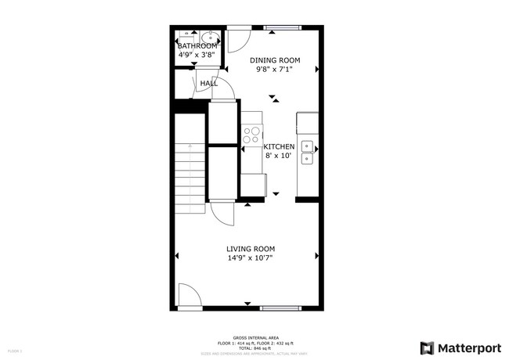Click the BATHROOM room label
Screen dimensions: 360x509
(197, 46)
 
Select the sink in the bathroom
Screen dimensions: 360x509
(210, 36)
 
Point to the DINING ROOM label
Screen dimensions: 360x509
(275, 59)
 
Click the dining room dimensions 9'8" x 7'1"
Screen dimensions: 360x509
(275, 69)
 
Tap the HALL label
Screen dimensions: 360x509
(208, 83)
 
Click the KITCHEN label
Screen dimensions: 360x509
(279, 146)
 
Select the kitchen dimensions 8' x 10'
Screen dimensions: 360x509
(278, 156)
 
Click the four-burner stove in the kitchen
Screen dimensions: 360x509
(251, 135)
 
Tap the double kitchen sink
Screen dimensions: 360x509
(308, 152)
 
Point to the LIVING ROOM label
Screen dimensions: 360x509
(251, 249)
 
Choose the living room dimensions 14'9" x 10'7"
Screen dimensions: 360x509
(251, 258)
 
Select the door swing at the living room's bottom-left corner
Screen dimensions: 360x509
(188, 296)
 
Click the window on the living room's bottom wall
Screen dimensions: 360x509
(280, 308)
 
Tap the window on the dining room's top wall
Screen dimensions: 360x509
(283, 28)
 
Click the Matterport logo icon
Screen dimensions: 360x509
(428, 347)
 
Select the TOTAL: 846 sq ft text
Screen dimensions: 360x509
(254, 347)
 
